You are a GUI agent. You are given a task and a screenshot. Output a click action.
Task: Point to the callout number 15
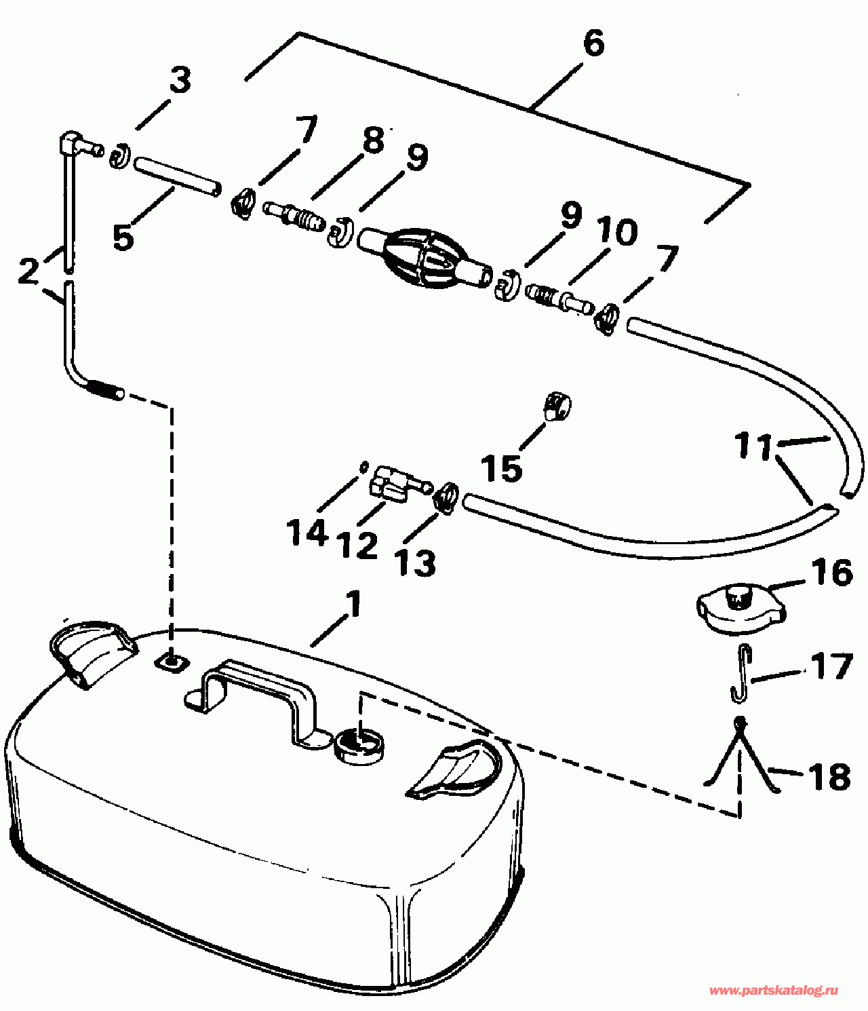point(502,468)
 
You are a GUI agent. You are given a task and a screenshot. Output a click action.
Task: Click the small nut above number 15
point(557,407)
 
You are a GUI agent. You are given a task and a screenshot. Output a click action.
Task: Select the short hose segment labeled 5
point(177,176)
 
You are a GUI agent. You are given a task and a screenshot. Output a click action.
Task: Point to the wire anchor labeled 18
point(741,753)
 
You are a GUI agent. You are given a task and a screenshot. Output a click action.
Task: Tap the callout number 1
point(353,605)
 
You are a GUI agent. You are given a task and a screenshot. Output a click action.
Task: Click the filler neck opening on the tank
point(360,745)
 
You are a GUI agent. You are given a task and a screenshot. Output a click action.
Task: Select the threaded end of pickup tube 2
point(106,389)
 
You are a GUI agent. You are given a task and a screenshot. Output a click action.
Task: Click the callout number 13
point(416,562)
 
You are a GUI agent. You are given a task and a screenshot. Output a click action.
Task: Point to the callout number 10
point(617,232)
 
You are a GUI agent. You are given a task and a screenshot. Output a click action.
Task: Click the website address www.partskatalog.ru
point(773,991)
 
